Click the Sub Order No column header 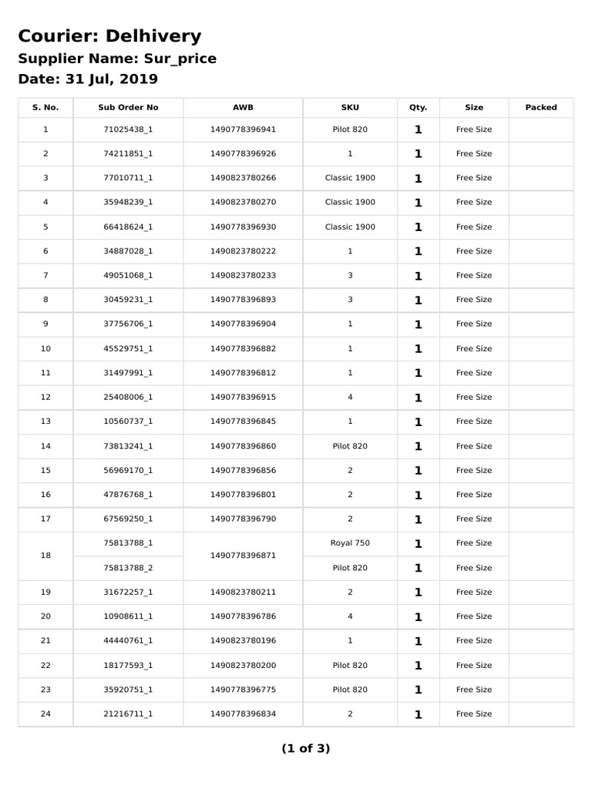point(128,108)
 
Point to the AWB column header point(243,108)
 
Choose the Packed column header point(540,108)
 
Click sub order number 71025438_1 point(128,129)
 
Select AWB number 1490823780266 point(243,178)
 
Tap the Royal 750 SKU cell point(350,543)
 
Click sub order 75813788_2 point(128,568)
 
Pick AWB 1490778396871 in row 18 point(243,556)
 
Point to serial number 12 point(45,398)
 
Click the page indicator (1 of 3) point(305,748)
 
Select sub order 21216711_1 point(128,714)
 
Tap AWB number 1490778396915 point(243,398)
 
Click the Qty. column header point(418,108)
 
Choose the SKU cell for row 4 point(350,203)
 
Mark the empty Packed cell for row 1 point(540,129)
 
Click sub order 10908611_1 point(128,616)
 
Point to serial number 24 point(45,714)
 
